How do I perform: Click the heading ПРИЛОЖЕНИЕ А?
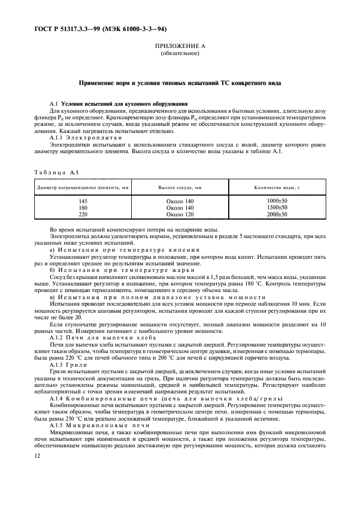(x=179, y=46)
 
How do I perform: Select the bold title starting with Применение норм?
(x=180, y=82)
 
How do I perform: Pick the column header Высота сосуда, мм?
(x=180, y=187)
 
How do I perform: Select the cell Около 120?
(x=180, y=215)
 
